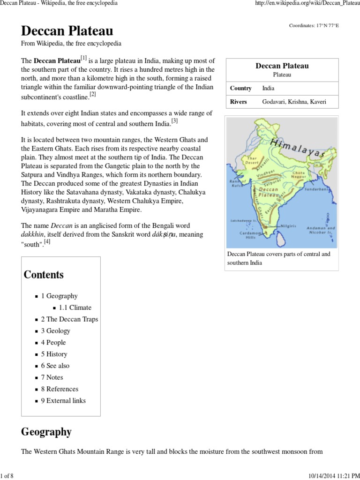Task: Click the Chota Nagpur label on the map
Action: pyautogui.click(x=299, y=175)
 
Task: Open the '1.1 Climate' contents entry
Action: pyautogui.click(x=75, y=307)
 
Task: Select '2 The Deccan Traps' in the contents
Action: pyautogui.click(x=69, y=319)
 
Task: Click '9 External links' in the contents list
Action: pyautogui.click(x=63, y=400)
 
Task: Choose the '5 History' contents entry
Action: pyautogui.click(x=54, y=354)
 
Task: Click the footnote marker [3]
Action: pyautogui.click(x=174, y=121)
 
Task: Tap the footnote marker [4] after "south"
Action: pyautogui.click(x=47, y=242)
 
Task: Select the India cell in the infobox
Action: pyautogui.click(x=269, y=88)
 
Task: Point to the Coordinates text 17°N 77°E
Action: pyautogui.click(x=314, y=25)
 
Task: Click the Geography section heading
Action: pyautogui.click(x=46, y=432)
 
